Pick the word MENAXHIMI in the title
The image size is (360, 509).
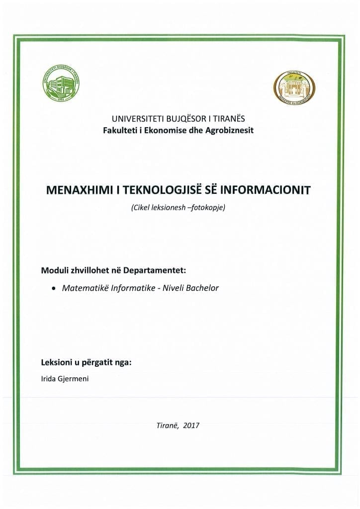coord(78,191)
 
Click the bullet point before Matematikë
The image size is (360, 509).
coord(53,288)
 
